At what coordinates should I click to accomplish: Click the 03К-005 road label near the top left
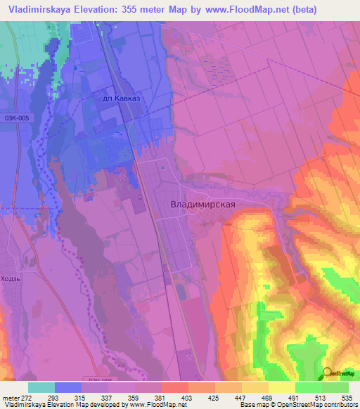(18, 118)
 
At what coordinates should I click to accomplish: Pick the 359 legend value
(122, 397)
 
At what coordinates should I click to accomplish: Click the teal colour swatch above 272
(41, 387)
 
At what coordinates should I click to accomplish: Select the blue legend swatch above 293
(67, 387)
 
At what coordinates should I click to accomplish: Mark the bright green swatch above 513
(308, 387)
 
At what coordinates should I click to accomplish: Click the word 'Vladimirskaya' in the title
(38, 10)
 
